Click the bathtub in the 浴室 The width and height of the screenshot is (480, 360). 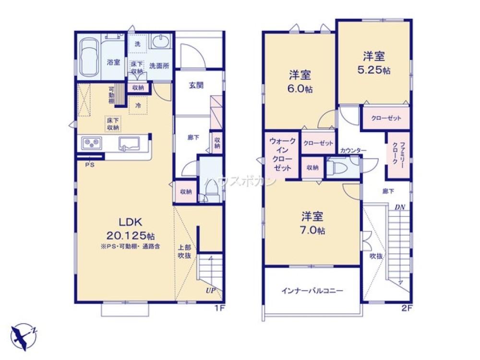point(89,57)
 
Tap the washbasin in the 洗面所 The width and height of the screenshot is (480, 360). point(159,42)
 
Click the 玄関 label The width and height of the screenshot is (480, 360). point(196,85)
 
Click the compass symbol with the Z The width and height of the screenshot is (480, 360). point(23,334)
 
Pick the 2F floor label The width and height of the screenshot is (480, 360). point(407,308)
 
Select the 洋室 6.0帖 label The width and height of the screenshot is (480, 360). point(300,82)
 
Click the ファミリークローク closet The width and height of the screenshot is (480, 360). point(398,155)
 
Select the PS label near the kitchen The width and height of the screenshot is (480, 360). point(89,165)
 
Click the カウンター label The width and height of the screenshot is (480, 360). point(353,151)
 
